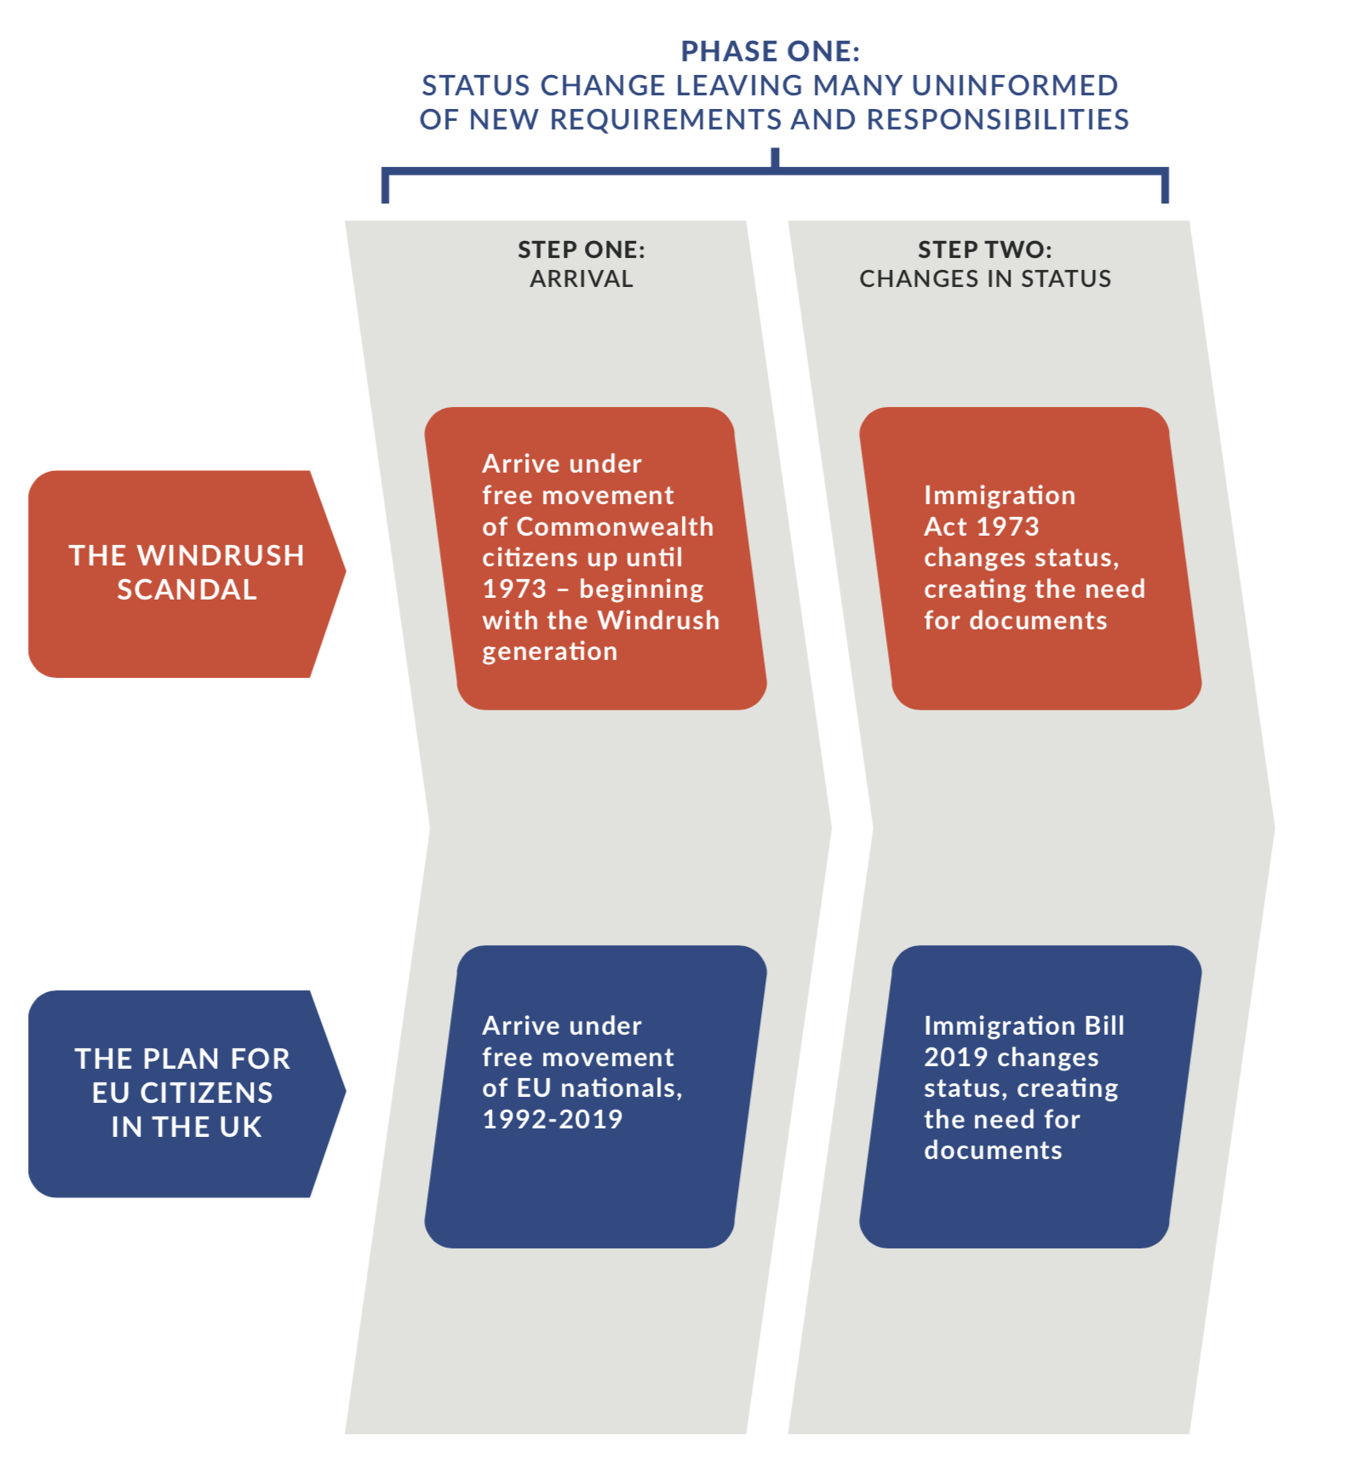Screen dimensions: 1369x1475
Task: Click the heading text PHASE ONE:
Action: [770, 51]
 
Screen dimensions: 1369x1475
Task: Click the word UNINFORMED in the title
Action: [1015, 85]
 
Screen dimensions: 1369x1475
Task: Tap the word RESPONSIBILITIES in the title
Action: [998, 119]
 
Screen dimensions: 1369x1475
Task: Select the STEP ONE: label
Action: [581, 250]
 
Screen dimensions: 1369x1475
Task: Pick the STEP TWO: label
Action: [985, 250]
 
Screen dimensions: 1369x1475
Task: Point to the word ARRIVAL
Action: [581, 278]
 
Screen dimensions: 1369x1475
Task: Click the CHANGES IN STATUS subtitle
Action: [985, 278]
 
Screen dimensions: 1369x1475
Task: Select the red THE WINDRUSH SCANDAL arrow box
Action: [186, 574]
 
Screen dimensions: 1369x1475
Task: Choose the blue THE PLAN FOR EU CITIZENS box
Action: [186, 1093]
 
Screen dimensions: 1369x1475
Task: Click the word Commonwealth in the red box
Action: [615, 526]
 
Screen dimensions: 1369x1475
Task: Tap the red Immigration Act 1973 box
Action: [1030, 559]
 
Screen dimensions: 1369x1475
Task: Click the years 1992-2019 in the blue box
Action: [553, 1119]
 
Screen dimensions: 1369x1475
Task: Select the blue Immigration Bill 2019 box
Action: [1030, 1097]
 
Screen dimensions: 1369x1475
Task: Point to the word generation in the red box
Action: [550, 651]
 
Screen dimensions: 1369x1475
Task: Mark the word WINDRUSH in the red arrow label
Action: [221, 555]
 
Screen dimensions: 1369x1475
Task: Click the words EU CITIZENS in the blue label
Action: [183, 1093]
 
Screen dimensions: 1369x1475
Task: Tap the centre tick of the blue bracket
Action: [775, 158]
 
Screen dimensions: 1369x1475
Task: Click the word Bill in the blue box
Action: [1104, 1025]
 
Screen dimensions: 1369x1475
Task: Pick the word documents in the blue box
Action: [993, 1151]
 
